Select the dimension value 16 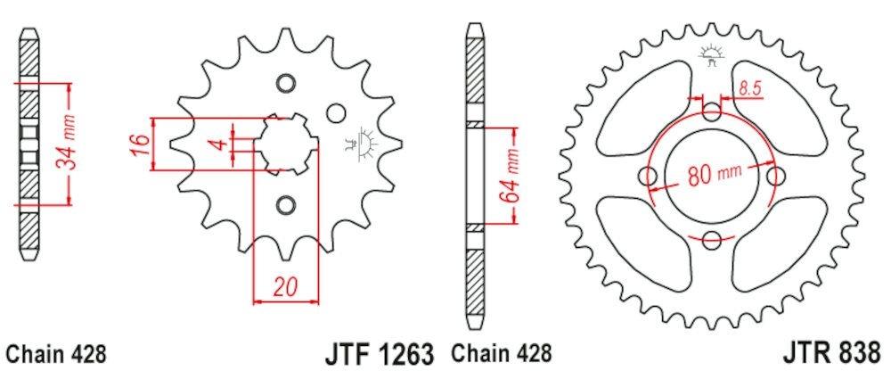[x=140, y=143]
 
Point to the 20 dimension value [x=284, y=287]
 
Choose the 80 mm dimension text [x=710, y=173]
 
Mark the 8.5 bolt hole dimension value [x=749, y=87]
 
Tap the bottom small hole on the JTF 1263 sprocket [x=284, y=202]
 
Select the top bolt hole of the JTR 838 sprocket [x=711, y=111]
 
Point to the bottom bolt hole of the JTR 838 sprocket [x=711, y=239]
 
